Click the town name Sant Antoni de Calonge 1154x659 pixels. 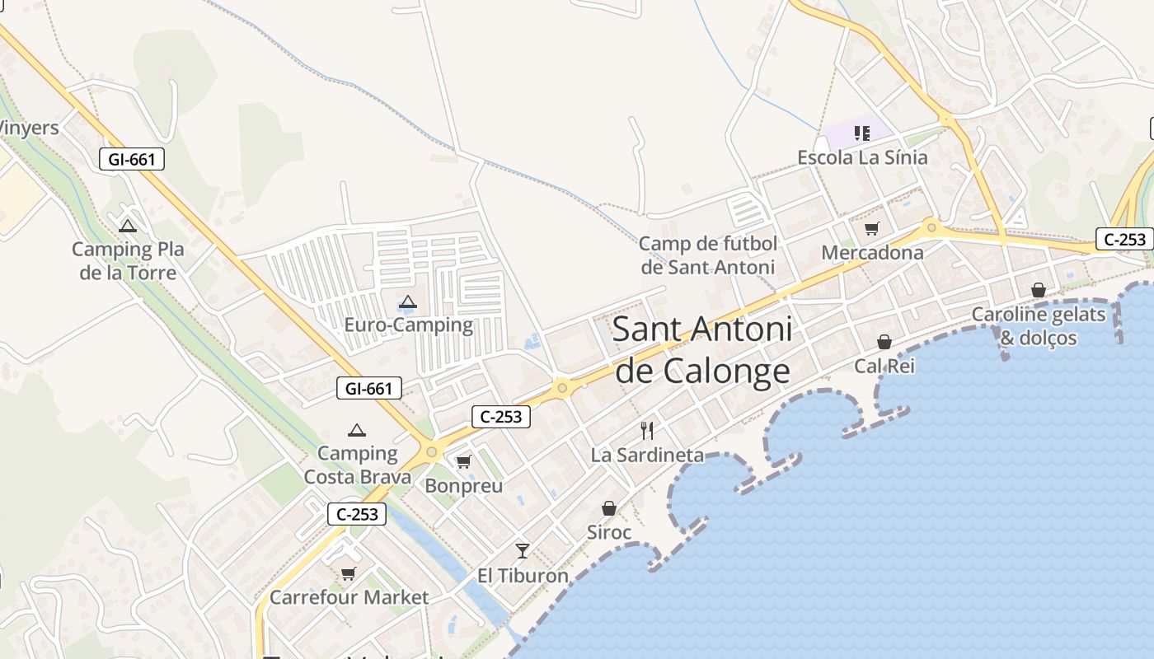pos(702,351)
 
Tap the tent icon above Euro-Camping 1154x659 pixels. pos(408,302)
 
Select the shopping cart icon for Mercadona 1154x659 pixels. pos(872,229)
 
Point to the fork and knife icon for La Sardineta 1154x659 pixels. pos(647,431)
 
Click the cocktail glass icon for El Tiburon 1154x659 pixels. pos(523,550)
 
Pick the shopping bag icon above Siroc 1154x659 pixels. pos(609,508)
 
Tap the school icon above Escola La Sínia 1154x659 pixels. pos(862,133)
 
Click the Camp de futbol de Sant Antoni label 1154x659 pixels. pos(708,255)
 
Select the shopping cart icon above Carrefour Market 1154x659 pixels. pos(349,573)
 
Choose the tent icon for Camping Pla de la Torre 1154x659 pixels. pos(128,226)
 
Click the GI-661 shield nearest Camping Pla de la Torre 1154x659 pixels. pos(132,159)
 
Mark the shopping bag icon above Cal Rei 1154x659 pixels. pos(884,342)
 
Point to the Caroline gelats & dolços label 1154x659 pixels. pos(1038,326)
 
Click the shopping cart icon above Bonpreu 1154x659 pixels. pos(463,462)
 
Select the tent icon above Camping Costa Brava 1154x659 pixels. pos(357,430)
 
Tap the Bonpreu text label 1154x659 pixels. pos(463,486)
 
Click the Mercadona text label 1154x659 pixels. pos(872,253)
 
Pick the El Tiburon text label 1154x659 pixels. pos(523,575)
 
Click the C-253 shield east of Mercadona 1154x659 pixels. pos(1124,239)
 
